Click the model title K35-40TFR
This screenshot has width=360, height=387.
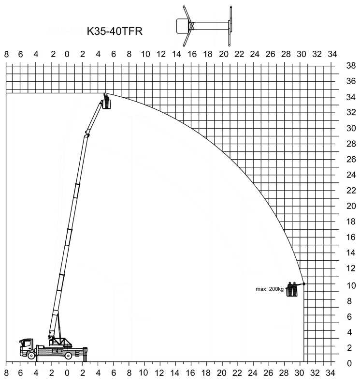(x=115, y=31)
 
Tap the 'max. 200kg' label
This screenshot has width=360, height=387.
(x=270, y=289)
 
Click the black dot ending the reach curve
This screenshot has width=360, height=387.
(x=304, y=284)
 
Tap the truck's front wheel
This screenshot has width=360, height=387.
(x=31, y=355)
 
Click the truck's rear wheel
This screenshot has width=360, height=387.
(x=68, y=356)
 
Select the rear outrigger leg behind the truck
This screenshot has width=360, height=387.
(x=85, y=355)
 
